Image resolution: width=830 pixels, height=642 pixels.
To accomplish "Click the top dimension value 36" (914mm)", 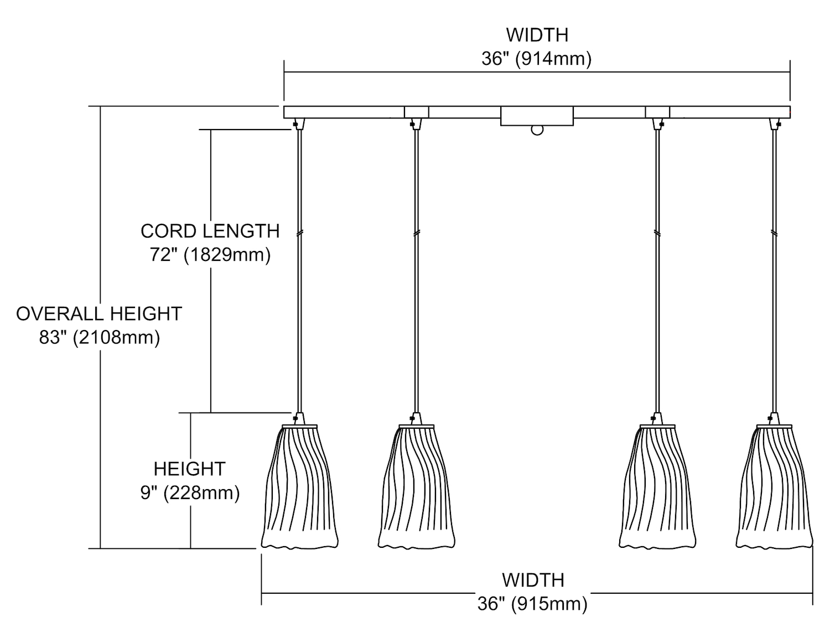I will click(x=536, y=59).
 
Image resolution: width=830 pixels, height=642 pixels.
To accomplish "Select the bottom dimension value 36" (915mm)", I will click(x=532, y=603).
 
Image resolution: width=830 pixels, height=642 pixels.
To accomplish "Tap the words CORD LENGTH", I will click(x=210, y=231).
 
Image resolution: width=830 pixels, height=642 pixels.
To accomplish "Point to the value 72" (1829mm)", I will click(x=210, y=255).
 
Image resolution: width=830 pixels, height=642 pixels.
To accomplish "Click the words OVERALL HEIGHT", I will click(x=99, y=314).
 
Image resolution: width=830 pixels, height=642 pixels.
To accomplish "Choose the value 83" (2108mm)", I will click(x=100, y=337).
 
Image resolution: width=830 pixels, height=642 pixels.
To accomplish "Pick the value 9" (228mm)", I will click(x=190, y=492).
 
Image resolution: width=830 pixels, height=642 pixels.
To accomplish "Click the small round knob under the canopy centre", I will click(x=537, y=130).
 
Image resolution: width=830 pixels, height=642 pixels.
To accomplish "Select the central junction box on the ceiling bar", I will click(x=537, y=116).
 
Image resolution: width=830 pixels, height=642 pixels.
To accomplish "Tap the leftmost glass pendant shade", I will click(x=299, y=487).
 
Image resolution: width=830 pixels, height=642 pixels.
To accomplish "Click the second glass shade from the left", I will click(x=417, y=487).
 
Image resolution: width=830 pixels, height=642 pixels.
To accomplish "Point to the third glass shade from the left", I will click(x=657, y=487).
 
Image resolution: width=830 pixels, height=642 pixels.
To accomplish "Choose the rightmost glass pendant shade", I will click(x=774, y=487).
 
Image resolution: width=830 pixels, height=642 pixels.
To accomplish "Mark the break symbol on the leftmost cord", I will click(x=299, y=233).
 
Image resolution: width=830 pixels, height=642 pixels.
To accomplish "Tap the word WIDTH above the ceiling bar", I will click(x=537, y=35).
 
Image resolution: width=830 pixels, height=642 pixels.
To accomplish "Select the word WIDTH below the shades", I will click(x=533, y=580).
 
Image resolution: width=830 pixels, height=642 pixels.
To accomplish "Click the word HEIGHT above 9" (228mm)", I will click(x=190, y=469).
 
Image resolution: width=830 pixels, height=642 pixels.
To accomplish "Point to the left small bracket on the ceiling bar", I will click(x=417, y=112).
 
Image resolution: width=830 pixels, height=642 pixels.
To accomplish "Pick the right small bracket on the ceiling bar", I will click(x=657, y=112).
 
